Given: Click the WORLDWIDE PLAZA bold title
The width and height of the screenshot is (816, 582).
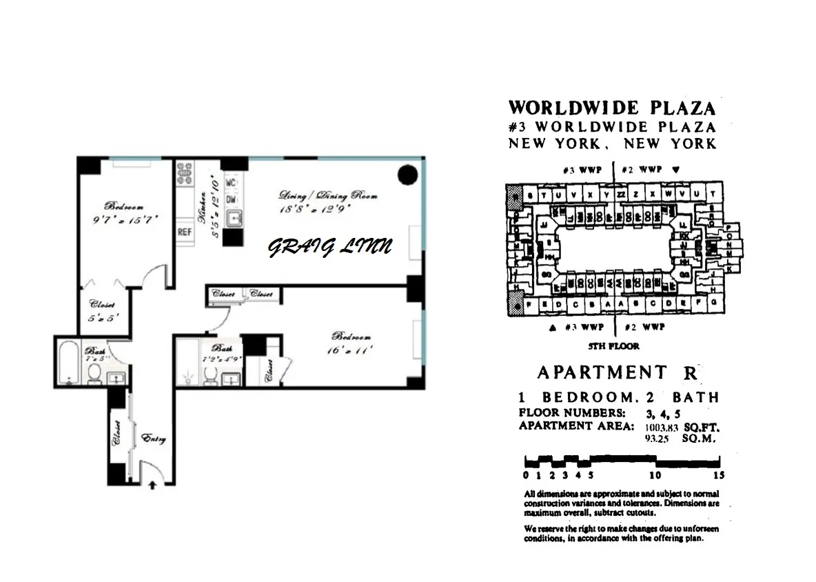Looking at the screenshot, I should [x=612, y=108].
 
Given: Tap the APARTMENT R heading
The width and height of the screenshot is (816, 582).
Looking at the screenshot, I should [x=618, y=373].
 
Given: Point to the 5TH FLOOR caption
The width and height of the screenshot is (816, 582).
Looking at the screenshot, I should [x=613, y=346].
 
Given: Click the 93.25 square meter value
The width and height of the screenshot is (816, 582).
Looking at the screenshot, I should [x=657, y=438].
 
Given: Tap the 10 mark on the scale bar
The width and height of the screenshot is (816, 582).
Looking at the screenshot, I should [x=655, y=474].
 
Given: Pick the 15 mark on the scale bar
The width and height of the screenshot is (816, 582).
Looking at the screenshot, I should [x=720, y=474].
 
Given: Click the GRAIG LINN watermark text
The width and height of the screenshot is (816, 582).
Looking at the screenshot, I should [x=329, y=246].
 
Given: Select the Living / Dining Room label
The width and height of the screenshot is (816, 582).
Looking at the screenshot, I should [x=328, y=195].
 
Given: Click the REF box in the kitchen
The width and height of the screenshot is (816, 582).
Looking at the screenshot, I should [x=185, y=232].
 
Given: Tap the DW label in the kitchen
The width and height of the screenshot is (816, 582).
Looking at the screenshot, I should [x=232, y=198].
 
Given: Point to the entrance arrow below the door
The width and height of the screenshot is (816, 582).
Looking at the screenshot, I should [x=152, y=485].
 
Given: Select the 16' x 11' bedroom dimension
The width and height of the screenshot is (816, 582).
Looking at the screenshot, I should [x=352, y=350].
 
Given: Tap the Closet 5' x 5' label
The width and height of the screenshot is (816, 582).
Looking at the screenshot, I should [x=101, y=311].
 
